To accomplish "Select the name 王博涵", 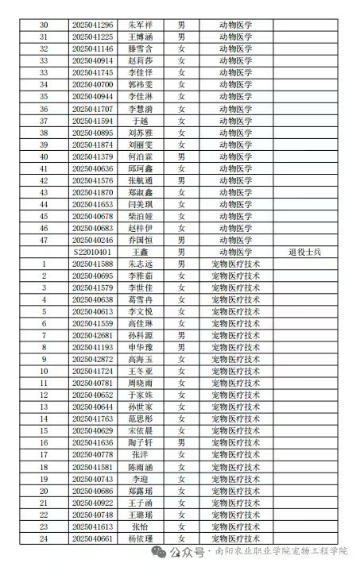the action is (139, 37).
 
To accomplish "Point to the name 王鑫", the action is (139, 252).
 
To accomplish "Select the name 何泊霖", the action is (139, 156).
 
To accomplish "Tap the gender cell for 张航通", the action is (181, 180).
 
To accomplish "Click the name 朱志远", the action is (139, 264).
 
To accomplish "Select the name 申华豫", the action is (139, 347).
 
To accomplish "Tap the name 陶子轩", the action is (139, 442).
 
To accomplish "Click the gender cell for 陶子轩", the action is (181, 442).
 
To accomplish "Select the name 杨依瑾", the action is (139, 538).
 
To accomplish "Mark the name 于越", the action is (139, 121).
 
